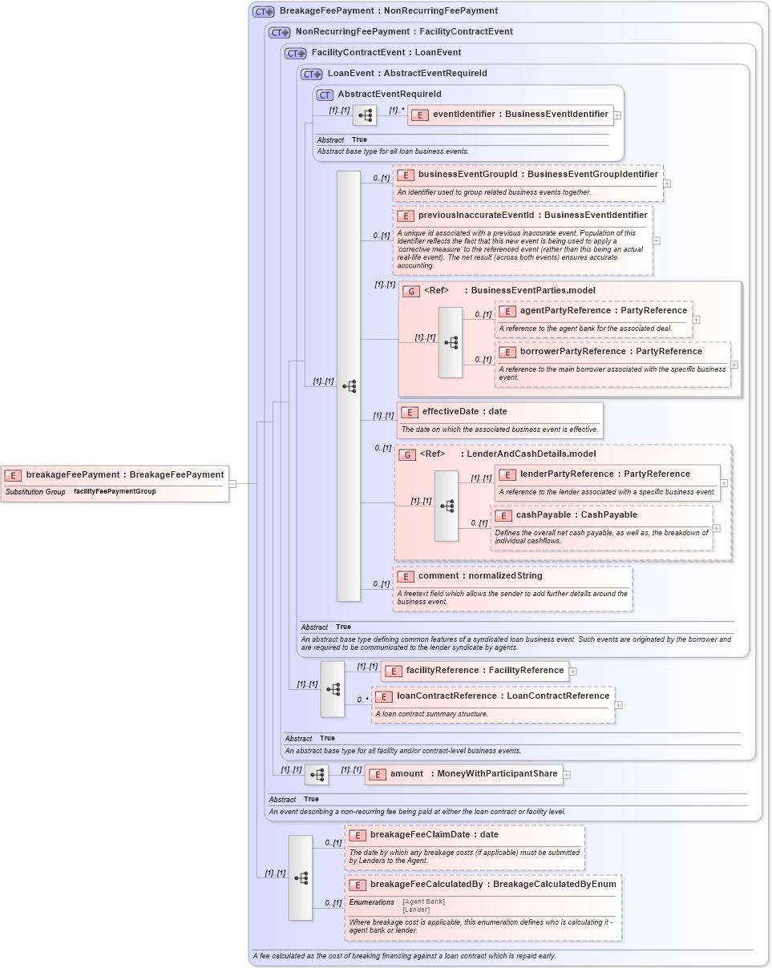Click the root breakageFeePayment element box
point(115,475)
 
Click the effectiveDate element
point(465,412)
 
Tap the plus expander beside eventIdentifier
point(617,115)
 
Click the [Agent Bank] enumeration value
point(423,901)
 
